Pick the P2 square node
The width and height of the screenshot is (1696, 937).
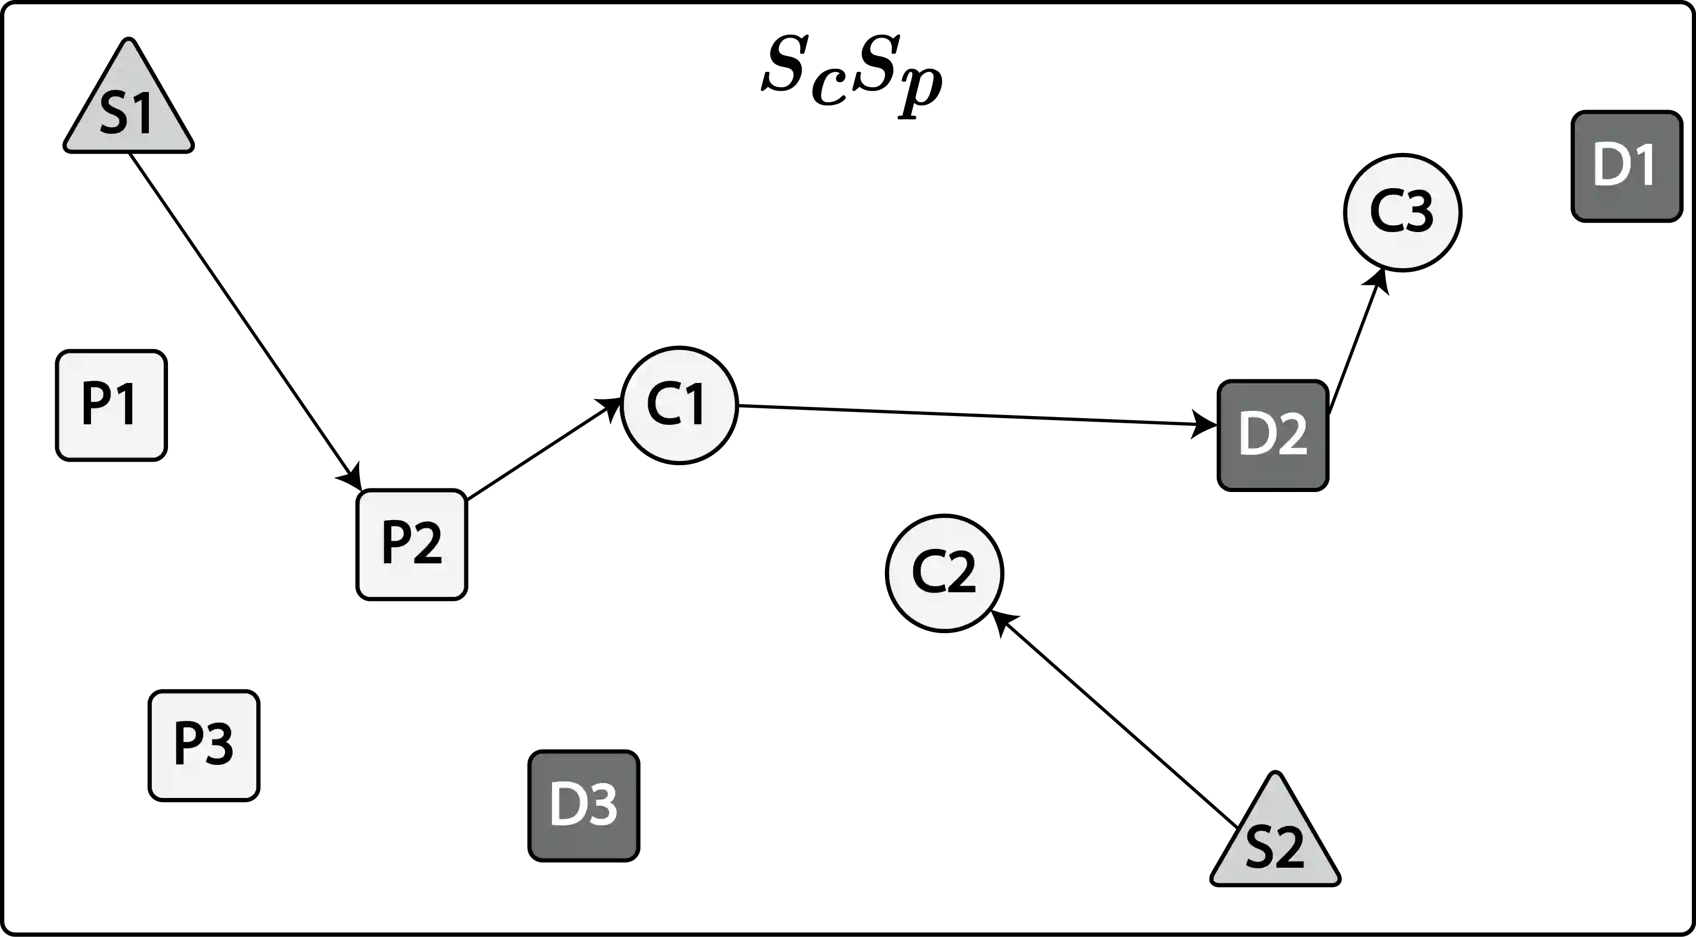412,545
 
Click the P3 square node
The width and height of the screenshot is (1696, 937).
203,745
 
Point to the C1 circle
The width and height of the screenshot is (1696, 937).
679,404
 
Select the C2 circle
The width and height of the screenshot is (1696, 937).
944,573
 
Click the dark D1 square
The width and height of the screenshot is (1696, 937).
1625,165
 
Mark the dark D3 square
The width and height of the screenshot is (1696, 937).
583,805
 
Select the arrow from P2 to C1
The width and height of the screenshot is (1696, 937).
543,448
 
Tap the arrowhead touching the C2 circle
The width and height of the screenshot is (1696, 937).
1004,622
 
